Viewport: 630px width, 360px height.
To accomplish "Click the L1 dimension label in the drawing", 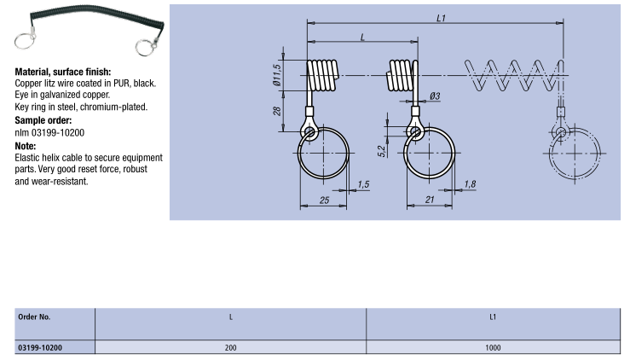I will click(x=439, y=16).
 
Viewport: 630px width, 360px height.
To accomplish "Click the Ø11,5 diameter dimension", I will click(x=277, y=74).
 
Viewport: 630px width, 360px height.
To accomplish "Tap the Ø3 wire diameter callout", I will click(x=435, y=96).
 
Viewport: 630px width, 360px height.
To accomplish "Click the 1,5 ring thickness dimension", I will click(x=364, y=184).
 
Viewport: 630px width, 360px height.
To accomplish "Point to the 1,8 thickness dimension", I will click(x=470, y=184).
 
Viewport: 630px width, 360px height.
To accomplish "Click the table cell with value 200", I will click(x=230, y=348).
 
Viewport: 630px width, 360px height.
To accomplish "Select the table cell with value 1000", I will click(x=493, y=348).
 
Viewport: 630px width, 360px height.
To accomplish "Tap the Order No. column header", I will click(x=34, y=316).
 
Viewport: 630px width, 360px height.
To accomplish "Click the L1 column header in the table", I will click(x=493, y=316).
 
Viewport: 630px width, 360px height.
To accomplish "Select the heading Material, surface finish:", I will click(x=63, y=73).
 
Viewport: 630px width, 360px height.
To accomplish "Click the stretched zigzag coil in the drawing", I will click(x=512, y=73).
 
